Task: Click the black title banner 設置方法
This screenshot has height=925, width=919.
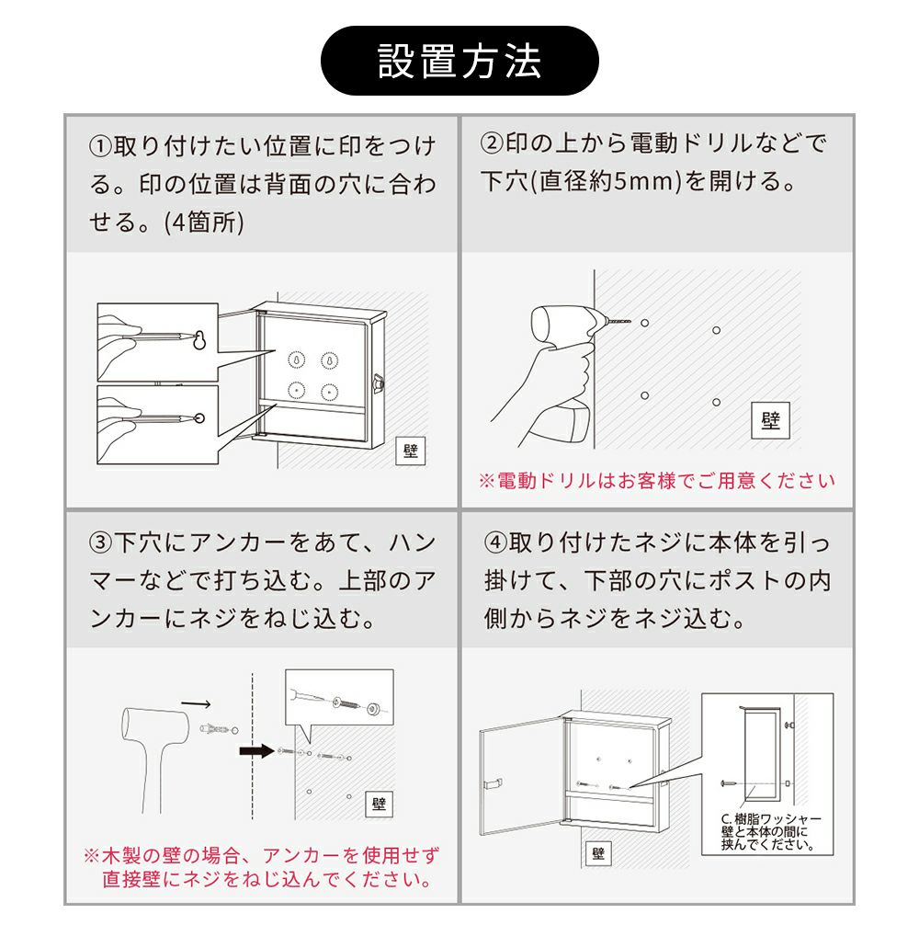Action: pyautogui.click(x=459, y=61)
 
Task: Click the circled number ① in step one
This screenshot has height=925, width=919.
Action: pyautogui.click(x=101, y=146)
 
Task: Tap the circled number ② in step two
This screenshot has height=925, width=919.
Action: pyautogui.click(x=493, y=143)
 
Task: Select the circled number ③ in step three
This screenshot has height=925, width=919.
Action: pyautogui.click(x=101, y=542)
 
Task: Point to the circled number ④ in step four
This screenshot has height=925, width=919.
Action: pyautogui.click(x=496, y=542)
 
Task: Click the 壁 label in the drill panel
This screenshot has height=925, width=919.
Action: pyautogui.click(x=770, y=420)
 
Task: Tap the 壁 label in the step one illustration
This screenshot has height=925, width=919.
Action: pyautogui.click(x=410, y=451)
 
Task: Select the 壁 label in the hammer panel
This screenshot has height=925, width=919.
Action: pyautogui.click(x=379, y=804)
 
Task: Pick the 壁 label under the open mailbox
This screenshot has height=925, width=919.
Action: pyautogui.click(x=598, y=853)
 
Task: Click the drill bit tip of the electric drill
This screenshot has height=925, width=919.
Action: pyautogui.click(x=630, y=322)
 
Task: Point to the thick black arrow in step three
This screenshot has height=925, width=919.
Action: pyautogui.click(x=257, y=751)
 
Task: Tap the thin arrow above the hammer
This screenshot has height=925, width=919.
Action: pyautogui.click(x=196, y=703)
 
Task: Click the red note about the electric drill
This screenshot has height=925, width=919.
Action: pyautogui.click(x=657, y=481)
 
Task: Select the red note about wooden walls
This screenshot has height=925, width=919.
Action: pyautogui.click(x=262, y=868)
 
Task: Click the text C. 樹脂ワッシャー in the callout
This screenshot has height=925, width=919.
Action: pyautogui.click(x=771, y=819)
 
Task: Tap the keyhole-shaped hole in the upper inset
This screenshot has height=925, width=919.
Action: pyautogui.click(x=199, y=340)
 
